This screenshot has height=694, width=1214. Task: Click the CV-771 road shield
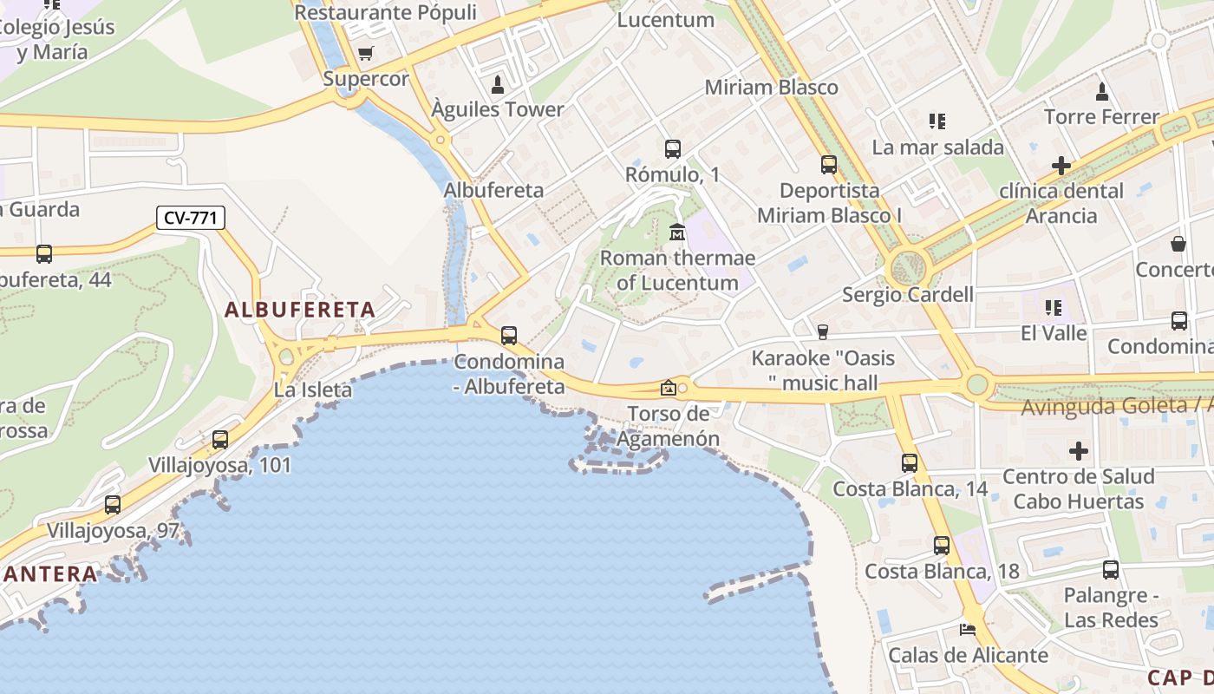tap(191, 218)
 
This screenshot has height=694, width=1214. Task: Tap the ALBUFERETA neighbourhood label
tap(300, 310)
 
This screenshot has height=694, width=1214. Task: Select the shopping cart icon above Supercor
tap(365, 54)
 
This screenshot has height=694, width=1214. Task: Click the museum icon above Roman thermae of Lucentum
tap(677, 232)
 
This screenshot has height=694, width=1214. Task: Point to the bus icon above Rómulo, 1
tap(673, 149)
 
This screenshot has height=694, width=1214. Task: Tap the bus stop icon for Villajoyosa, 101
tap(220, 440)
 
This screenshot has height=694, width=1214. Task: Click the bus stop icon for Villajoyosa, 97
tap(113, 505)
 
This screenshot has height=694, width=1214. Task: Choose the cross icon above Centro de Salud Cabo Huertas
tap(1079, 451)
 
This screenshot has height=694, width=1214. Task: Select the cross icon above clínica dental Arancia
tap(1061, 165)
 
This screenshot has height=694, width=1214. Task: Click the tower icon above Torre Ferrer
tap(1102, 91)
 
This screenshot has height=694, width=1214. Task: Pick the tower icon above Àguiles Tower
tap(498, 84)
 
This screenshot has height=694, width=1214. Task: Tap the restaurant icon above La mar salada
tap(937, 121)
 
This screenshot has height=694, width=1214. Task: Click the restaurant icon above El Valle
tap(1054, 307)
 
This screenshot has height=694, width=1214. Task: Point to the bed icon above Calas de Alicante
tap(968, 630)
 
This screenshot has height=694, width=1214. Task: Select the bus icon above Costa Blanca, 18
tap(942, 546)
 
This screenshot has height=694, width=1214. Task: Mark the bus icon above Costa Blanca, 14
tap(910, 463)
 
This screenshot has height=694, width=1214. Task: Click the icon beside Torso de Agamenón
tap(668, 388)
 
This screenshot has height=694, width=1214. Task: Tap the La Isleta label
tap(313, 390)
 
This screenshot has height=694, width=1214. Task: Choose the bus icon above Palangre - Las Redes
tap(1111, 570)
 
